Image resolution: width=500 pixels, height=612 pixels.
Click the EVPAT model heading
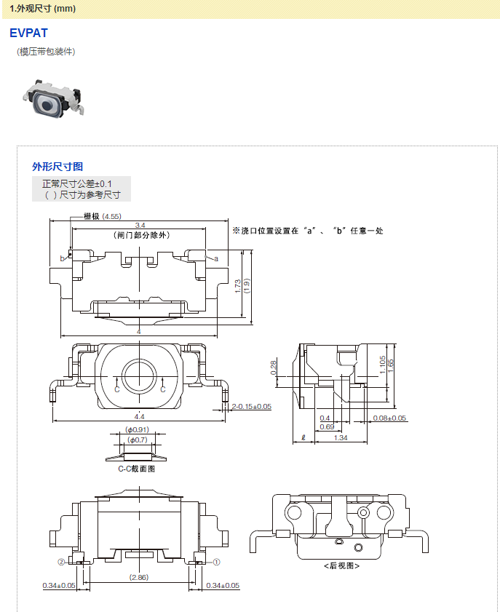click(x=28, y=33)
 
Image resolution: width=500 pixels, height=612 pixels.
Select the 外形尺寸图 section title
click(x=57, y=167)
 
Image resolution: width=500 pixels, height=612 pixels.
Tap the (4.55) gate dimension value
click(x=111, y=216)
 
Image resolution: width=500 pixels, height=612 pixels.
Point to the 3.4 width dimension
click(x=140, y=225)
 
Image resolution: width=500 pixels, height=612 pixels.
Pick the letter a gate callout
click(x=216, y=258)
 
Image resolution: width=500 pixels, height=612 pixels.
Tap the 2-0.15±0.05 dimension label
click(x=251, y=406)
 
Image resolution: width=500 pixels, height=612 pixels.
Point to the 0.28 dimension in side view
click(x=274, y=367)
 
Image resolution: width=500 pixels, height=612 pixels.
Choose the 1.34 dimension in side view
click(x=340, y=437)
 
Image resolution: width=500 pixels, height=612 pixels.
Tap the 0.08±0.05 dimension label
click(x=389, y=418)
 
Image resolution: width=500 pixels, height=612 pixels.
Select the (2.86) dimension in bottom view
click(x=139, y=577)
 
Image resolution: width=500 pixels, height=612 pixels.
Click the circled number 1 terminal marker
click(x=216, y=562)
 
